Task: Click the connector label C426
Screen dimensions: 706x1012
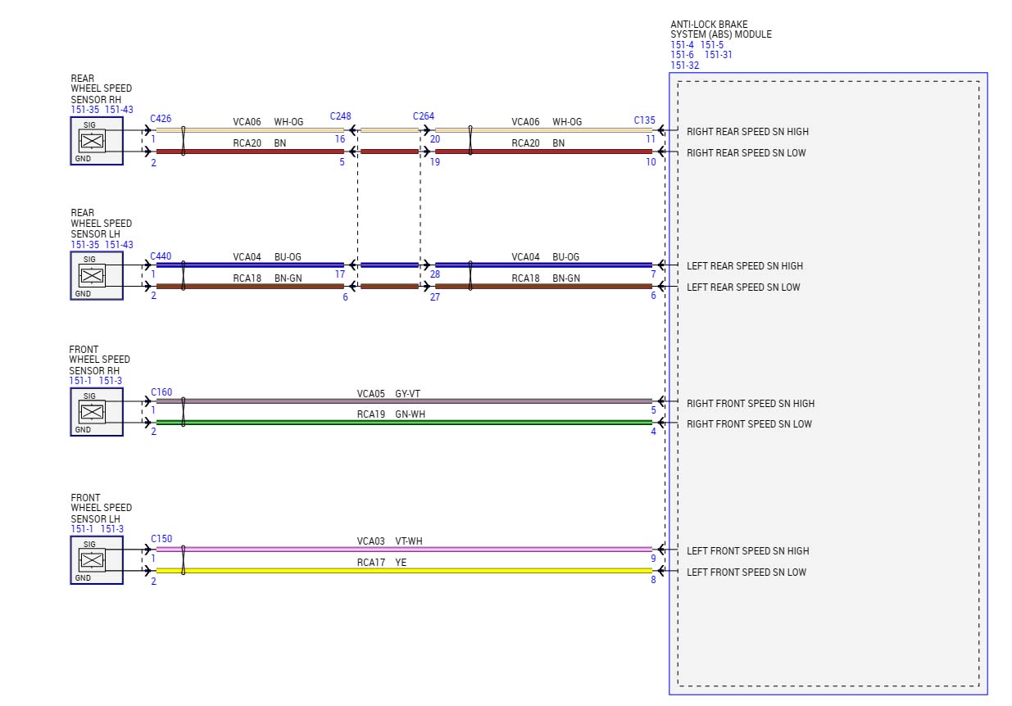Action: click(161, 119)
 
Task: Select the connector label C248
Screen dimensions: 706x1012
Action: click(340, 116)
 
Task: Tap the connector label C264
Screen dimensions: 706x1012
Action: click(424, 116)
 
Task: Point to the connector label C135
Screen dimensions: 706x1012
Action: click(644, 120)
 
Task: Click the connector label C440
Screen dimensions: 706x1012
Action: click(161, 256)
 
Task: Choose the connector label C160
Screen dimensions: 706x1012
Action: click(161, 392)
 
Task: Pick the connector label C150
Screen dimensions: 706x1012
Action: click(161, 539)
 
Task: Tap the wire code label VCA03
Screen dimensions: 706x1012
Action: click(370, 541)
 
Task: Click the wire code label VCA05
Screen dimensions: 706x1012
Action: click(370, 394)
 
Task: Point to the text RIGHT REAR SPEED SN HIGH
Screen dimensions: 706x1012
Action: click(747, 132)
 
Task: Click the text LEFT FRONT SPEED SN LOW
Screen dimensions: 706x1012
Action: click(746, 572)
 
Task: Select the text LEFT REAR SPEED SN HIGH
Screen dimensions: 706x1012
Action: click(744, 266)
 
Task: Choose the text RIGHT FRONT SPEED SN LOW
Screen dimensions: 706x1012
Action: click(749, 424)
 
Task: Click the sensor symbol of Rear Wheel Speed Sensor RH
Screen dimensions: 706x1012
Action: click(93, 141)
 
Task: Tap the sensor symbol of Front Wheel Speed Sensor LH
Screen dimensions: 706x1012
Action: click(93, 560)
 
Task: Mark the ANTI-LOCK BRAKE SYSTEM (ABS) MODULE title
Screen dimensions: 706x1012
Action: click(720, 29)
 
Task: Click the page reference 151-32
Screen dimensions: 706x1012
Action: click(684, 66)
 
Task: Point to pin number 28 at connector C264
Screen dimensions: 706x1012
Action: click(434, 275)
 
